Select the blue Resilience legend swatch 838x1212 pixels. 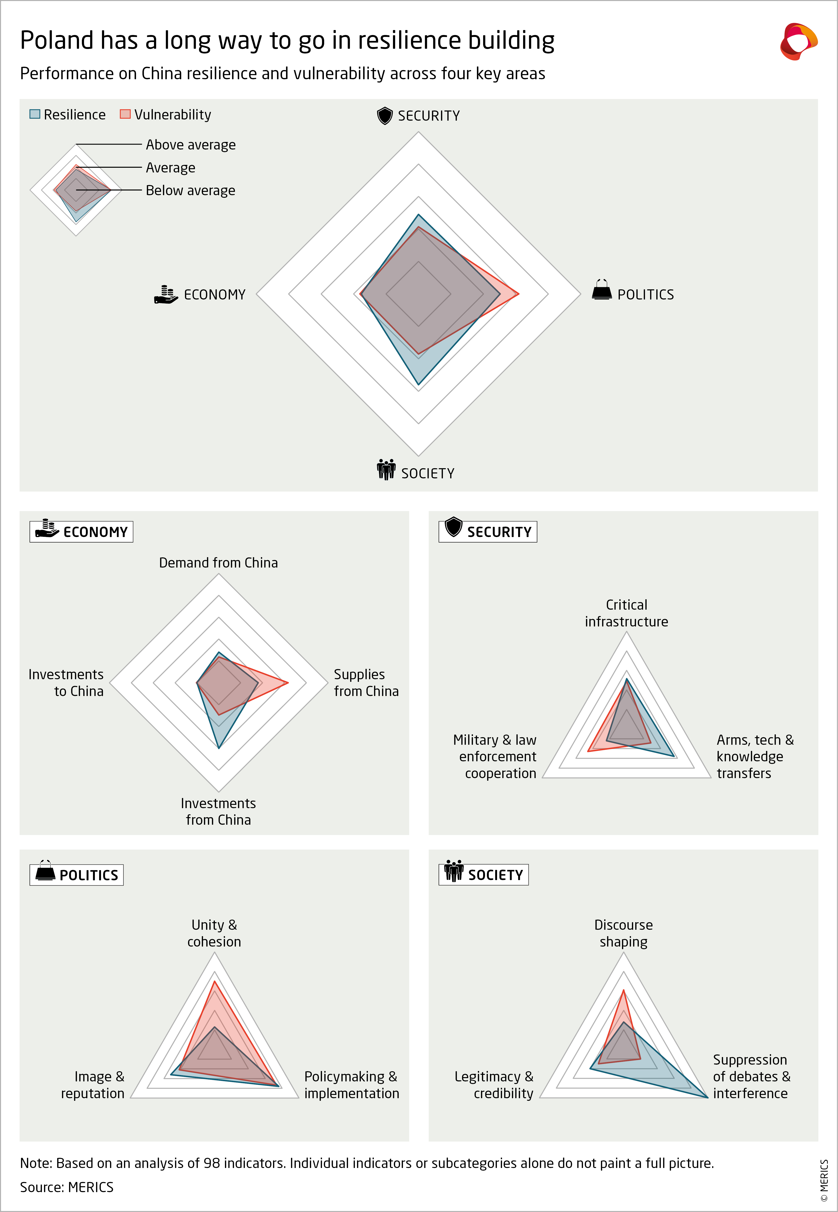(x=35, y=114)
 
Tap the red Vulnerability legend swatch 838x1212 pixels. (x=125, y=114)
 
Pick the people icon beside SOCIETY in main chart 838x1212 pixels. (x=386, y=470)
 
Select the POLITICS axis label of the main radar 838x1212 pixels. (x=645, y=295)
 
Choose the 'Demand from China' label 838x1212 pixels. (x=218, y=563)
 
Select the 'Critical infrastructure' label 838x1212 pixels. (x=626, y=613)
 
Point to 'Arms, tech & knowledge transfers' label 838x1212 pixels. (x=754, y=756)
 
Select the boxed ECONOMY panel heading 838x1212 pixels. (x=81, y=532)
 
